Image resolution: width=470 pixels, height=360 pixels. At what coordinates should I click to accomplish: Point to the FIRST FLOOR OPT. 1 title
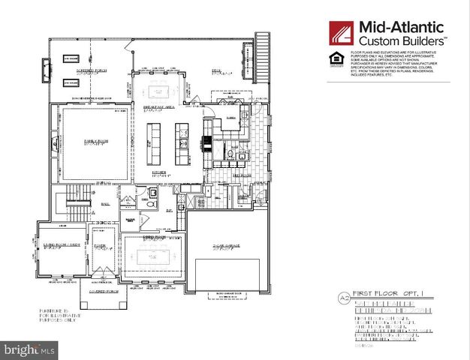(x=366, y=298)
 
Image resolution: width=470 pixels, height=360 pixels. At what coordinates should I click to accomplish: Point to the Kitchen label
(x=159, y=174)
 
